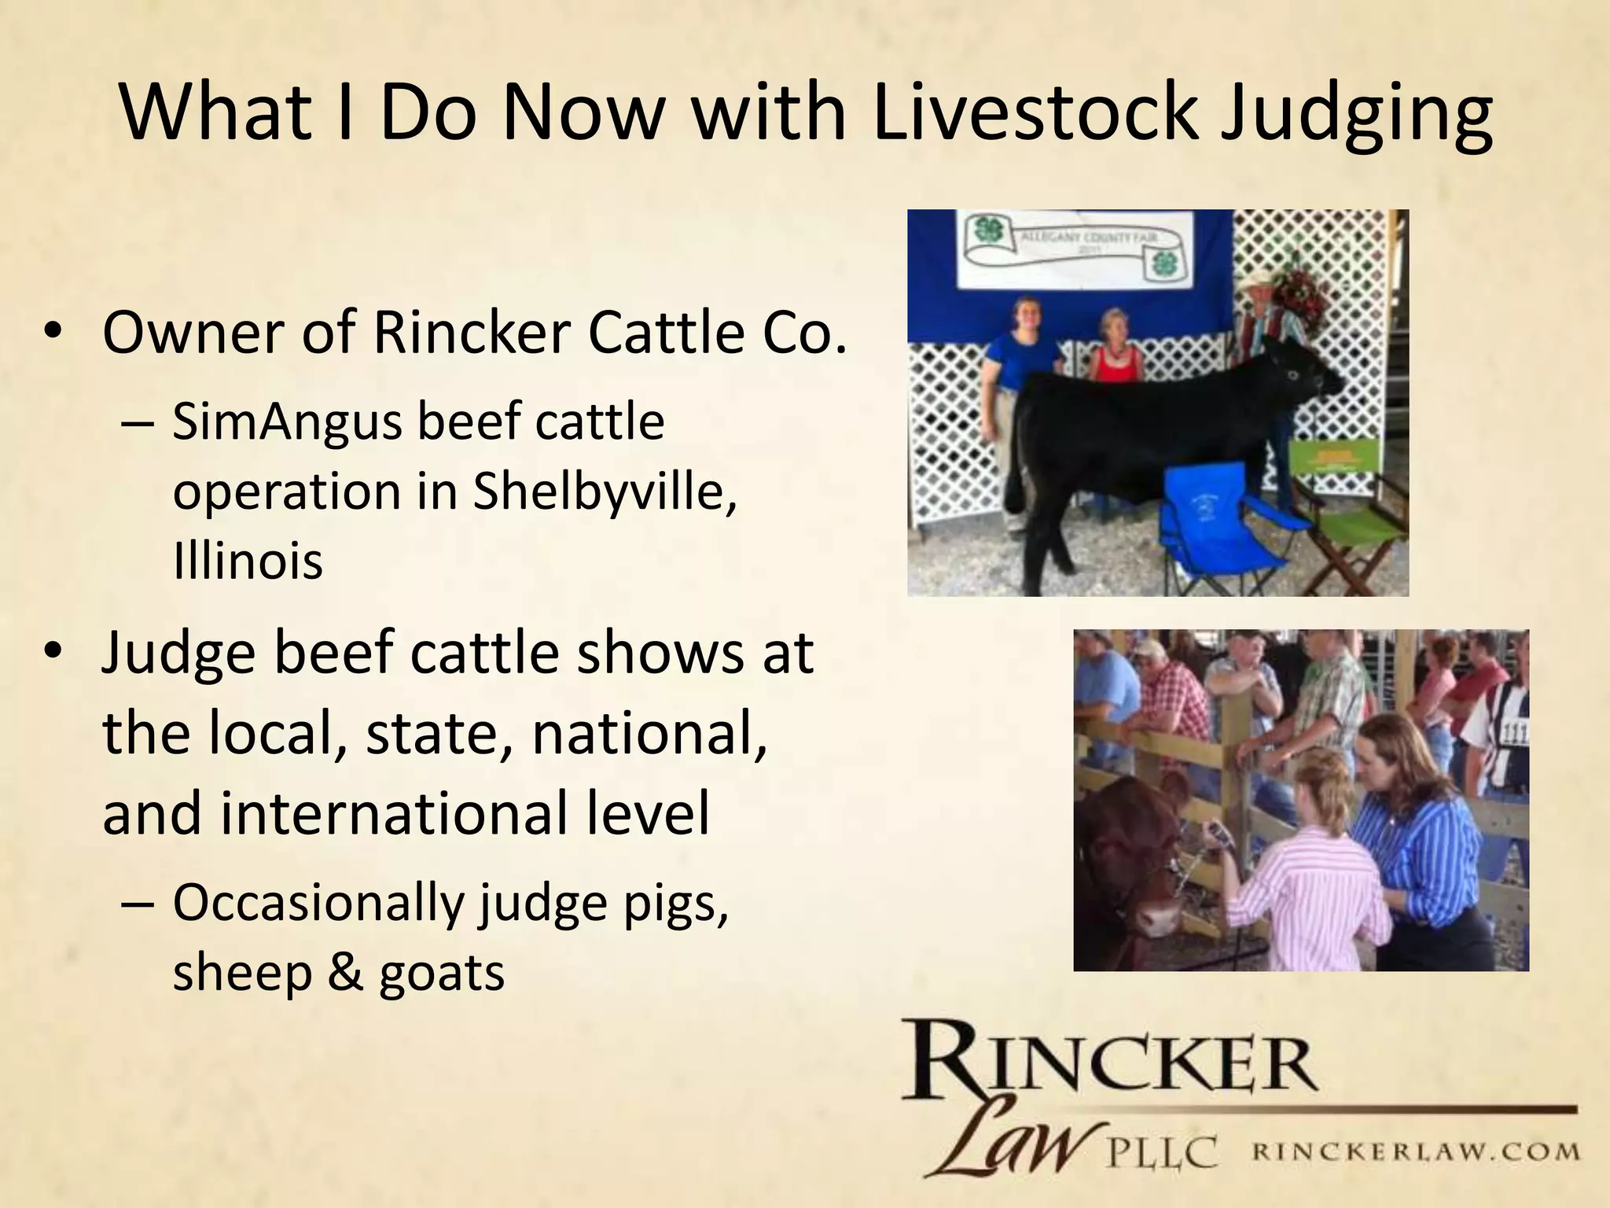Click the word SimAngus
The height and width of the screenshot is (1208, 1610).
coord(286,423)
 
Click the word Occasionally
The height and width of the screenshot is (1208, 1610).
coord(318,904)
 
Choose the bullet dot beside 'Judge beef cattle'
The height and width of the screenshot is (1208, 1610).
coord(53,653)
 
